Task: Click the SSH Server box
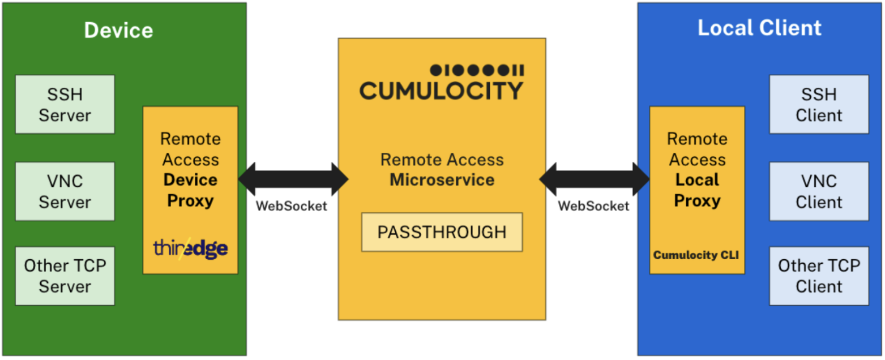[x=65, y=105]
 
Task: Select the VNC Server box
[x=65, y=191]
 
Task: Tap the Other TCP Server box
[x=65, y=276]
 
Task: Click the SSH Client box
[x=819, y=105]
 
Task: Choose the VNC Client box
[x=819, y=191]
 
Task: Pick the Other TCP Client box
[x=819, y=276]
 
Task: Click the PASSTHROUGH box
[x=442, y=232]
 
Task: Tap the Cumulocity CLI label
[x=696, y=255]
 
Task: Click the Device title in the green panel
[x=118, y=29]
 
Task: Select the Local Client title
[x=759, y=28]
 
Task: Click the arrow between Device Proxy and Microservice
[x=293, y=178]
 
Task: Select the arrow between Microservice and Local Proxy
[x=595, y=178]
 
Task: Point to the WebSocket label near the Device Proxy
[x=292, y=206]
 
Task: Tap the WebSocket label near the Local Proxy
[x=593, y=206]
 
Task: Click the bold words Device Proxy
[x=190, y=190]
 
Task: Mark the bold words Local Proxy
[x=697, y=190]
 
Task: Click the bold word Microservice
[x=442, y=179]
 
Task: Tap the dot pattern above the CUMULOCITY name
[x=477, y=70]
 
